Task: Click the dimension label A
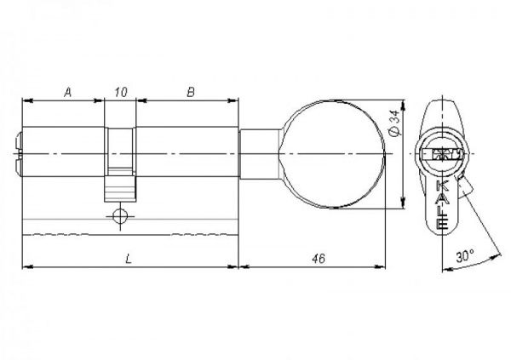coord(67,93)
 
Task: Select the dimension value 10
coord(121,93)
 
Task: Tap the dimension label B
coord(191,93)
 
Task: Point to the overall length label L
coord(129,259)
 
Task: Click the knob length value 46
coord(319,259)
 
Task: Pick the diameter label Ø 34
coord(394,123)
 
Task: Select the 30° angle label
coord(465,256)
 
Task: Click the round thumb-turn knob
coord(332,154)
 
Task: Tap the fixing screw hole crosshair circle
coord(120,216)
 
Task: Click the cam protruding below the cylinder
coord(120,189)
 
